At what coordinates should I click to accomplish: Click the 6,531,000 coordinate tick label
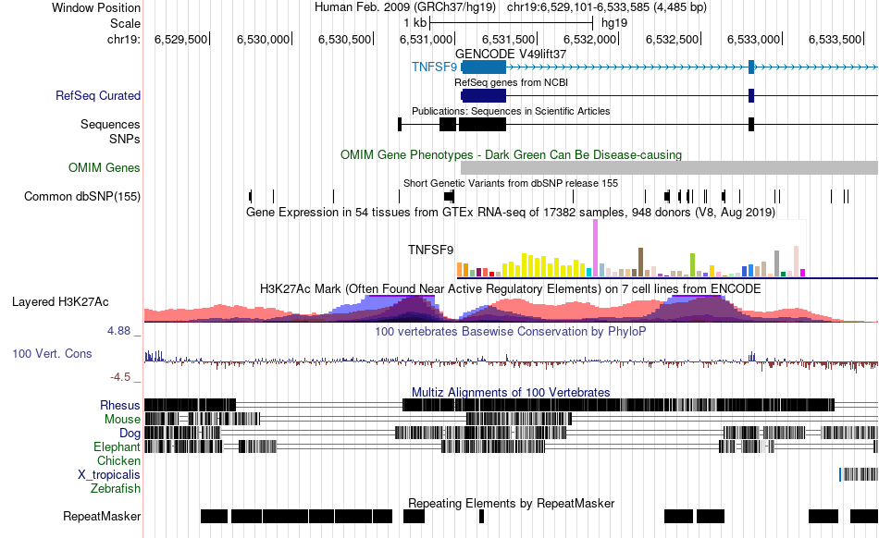(x=427, y=39)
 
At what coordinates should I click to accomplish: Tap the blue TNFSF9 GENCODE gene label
(x=434, y=67)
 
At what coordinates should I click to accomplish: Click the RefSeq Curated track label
(x=97, y=95)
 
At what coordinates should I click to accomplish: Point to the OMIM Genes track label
(x=104, y=168)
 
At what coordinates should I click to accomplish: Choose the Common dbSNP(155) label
(x=82, y=196)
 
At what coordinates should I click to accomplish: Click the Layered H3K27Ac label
(x=60, y=301)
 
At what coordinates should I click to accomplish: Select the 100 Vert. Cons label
(x=53, y=353)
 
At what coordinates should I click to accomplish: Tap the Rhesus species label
(x=120, y=405)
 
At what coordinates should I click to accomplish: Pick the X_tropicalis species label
(x=109, y=474)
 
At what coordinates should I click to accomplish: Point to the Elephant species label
(x=117, y=446)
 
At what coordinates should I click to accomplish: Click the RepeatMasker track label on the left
(x=102, y=516)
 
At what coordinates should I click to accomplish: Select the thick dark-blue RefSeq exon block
(x=484, y=95)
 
